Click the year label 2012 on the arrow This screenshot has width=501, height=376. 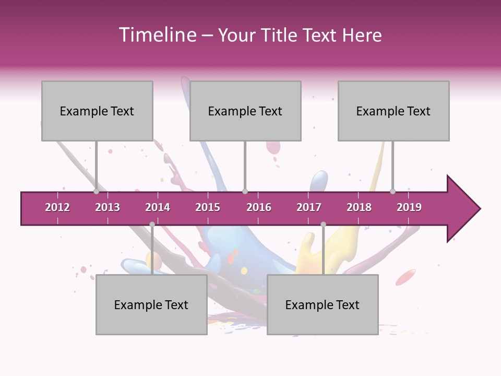[x=57, y=207]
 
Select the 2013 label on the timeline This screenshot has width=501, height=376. [x=108, y=207]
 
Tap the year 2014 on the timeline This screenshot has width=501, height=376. [x=158, y=207]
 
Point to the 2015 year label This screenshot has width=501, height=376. [x=208, y=207]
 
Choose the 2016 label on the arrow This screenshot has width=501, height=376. [x=259, y=207]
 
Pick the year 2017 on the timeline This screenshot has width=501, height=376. [x=309, y=207]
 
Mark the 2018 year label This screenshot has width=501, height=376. [x=359, y=207]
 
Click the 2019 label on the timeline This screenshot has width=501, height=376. [x=409, y=207]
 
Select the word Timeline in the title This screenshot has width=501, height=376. [x=157, y=35]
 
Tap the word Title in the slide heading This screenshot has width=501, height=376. [x=279, y=35]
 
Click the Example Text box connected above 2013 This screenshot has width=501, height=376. [x=97, y=111]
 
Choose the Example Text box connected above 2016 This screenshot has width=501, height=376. [x=245, y=111]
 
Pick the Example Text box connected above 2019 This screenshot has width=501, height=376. [x=393, y=111]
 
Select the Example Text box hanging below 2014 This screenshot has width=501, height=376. [x=151, y=304]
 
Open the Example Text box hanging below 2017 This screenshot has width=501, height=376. [x=323, y=304]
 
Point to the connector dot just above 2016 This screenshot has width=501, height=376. [x=245, y=191]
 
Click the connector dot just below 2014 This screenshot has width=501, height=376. [x=152, y=224]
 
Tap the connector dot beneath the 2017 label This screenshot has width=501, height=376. [x=323, y=224]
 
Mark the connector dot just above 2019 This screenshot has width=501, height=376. [x=393, y=191]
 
